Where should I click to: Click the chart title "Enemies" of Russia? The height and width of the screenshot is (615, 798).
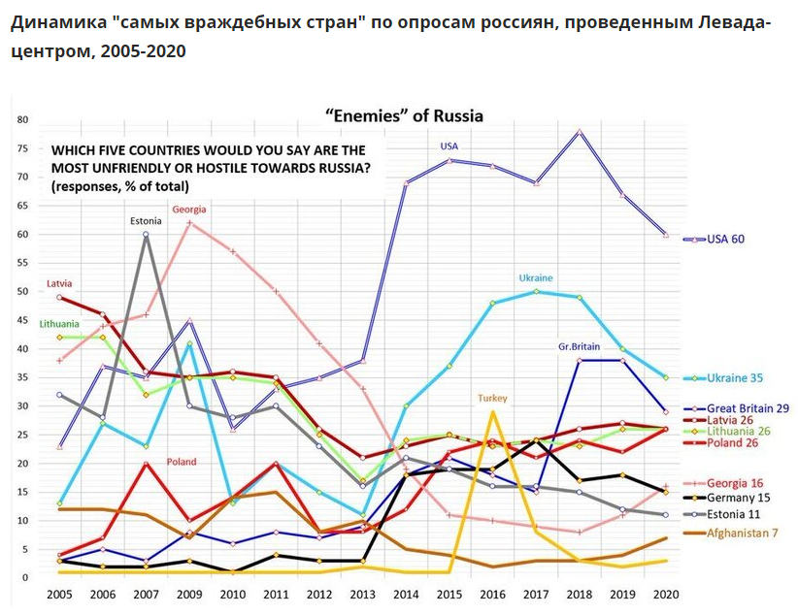403,116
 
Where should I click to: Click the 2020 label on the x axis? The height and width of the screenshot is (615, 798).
665,593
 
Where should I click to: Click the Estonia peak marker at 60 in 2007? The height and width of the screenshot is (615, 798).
146,234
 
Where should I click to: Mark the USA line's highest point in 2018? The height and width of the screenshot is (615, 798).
579,132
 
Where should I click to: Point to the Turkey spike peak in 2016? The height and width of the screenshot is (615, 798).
492,411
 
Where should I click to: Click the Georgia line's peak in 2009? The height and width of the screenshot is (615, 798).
189,223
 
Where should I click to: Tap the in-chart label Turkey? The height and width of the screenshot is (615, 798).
493,398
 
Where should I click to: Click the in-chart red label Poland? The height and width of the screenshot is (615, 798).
183,461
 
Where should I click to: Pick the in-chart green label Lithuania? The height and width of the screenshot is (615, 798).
60,323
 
